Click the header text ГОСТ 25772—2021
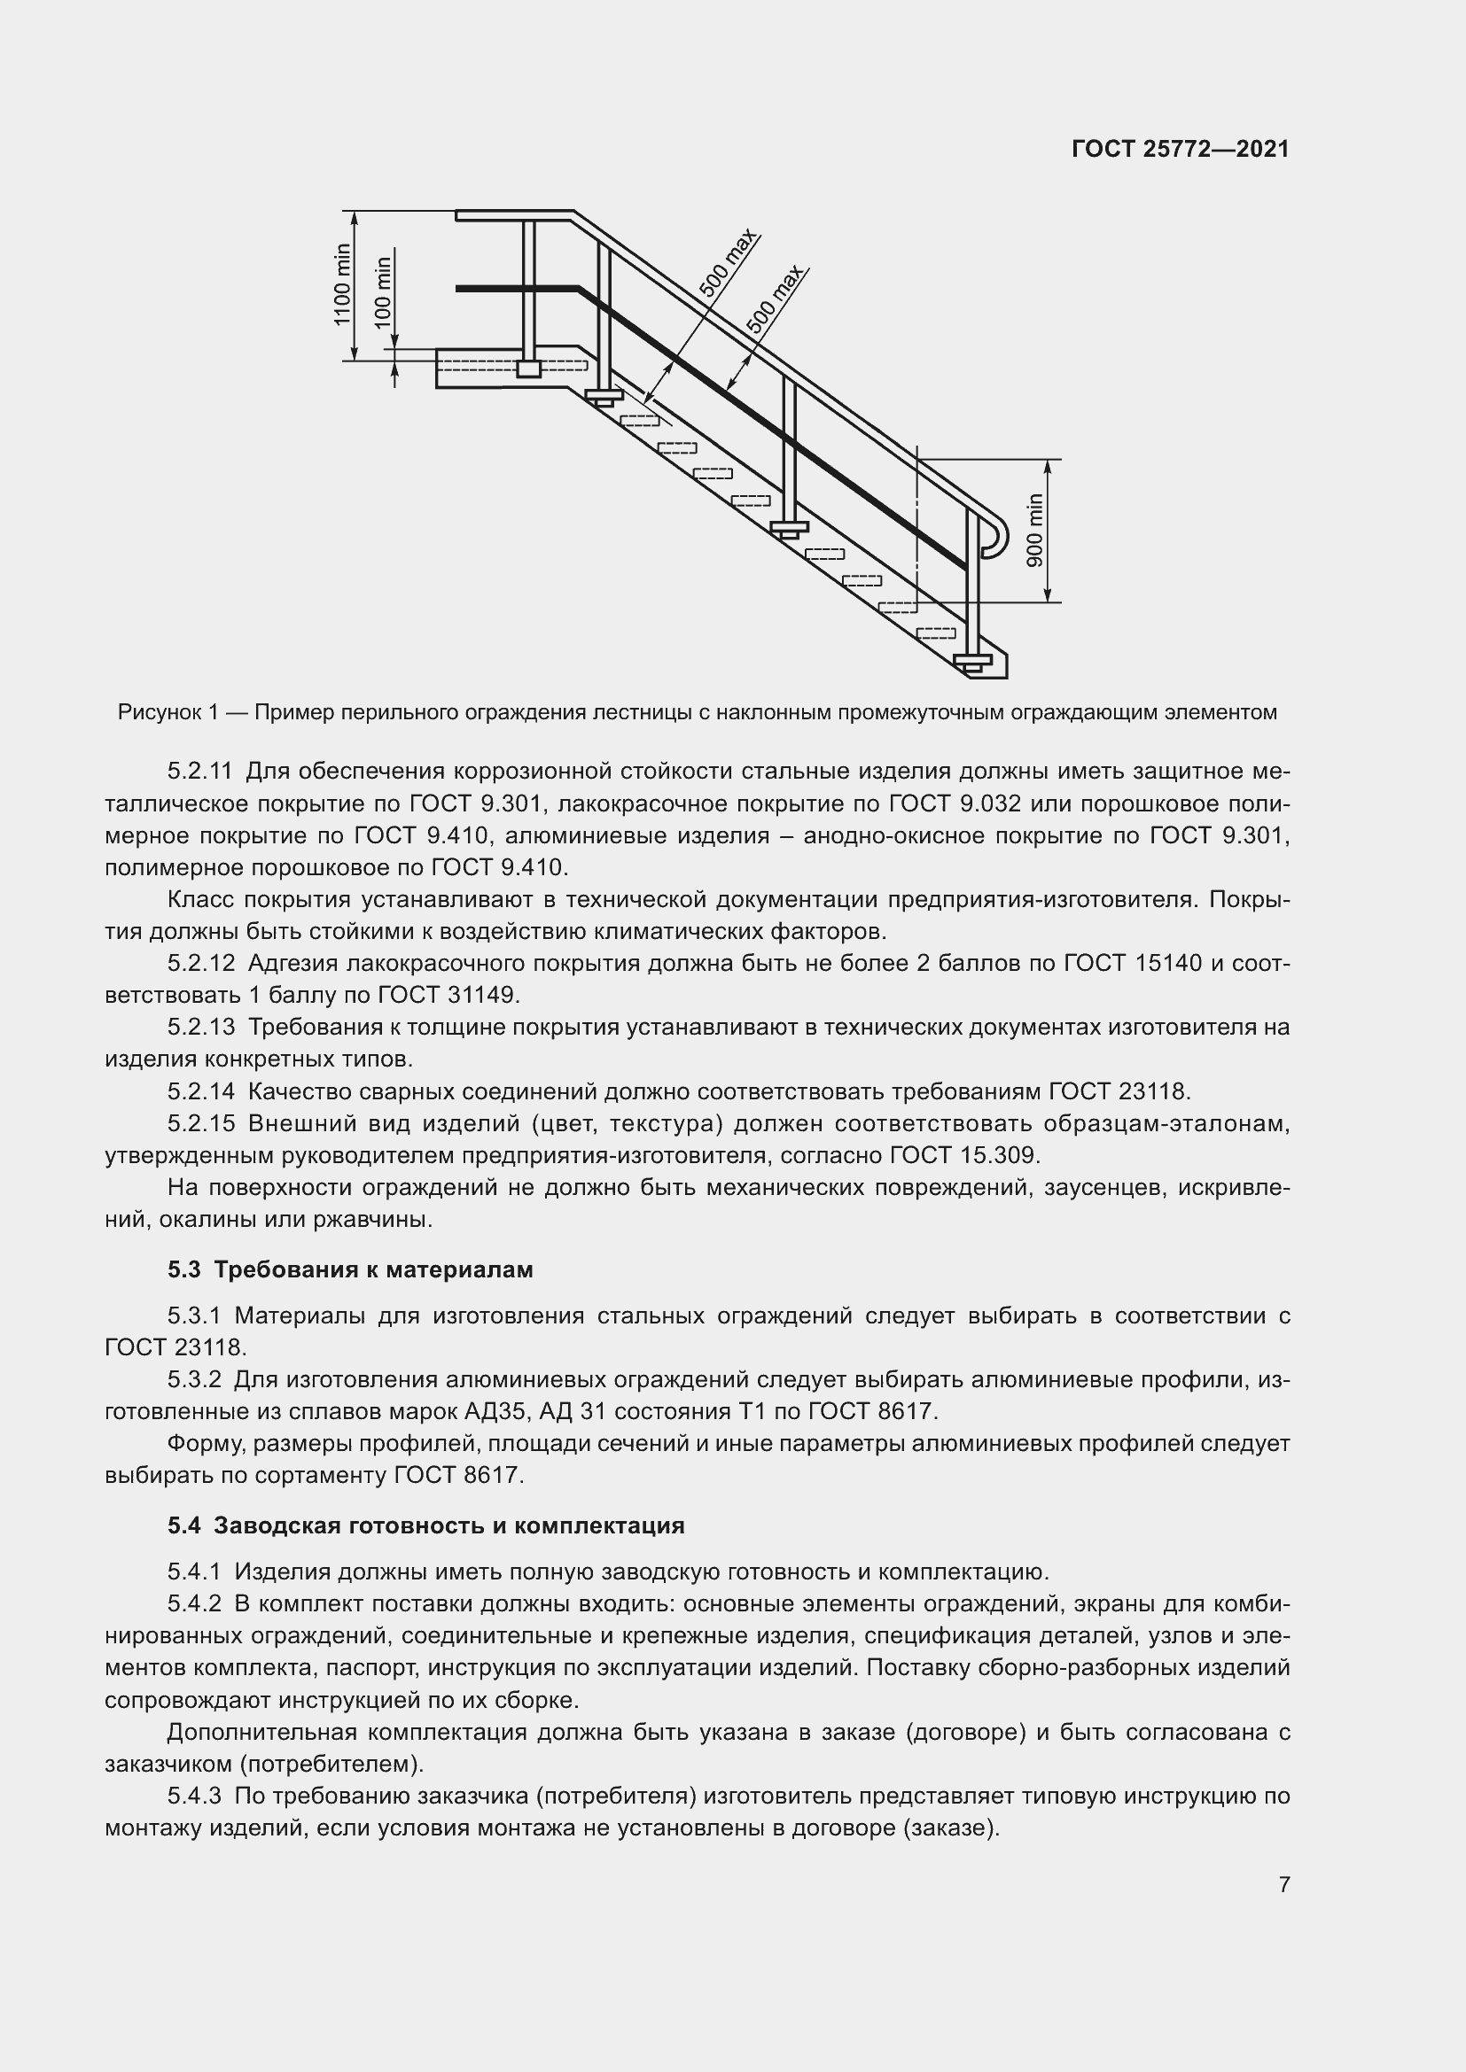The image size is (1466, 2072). point(1180,149)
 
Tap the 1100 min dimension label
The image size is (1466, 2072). point(341,284)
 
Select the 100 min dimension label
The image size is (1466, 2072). point(383,293)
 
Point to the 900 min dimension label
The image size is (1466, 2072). point(1034,531)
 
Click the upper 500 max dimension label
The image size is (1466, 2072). point(728,263)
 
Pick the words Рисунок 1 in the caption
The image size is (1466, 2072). point(168,713)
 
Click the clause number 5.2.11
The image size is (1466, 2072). point(199,772)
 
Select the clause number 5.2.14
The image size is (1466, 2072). point(200,1092)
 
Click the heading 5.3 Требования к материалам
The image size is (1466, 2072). point(349,1269)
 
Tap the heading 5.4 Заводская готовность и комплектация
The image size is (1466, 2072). point(425,1526)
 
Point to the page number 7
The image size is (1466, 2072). point(1283,1885)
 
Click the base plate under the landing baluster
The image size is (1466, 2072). point(528,369)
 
